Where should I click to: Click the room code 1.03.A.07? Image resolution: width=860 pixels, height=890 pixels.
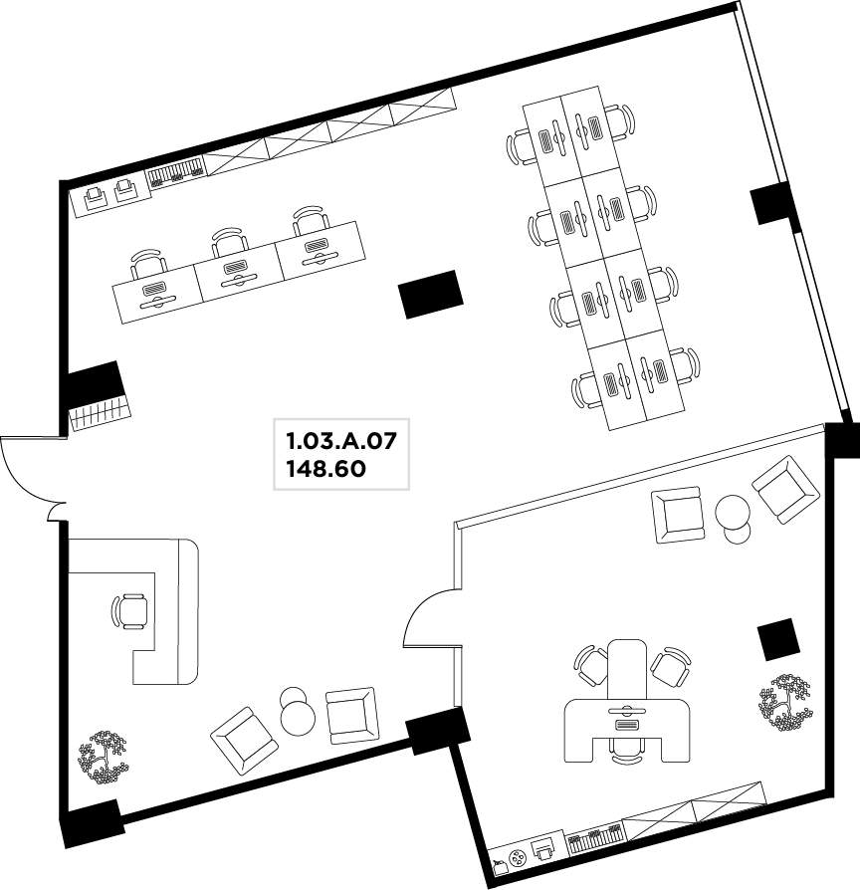[x=340, y=441]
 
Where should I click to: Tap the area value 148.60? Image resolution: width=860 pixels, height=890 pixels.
[x=326, y=470]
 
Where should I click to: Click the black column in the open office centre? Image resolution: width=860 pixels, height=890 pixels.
[x=431, y=294]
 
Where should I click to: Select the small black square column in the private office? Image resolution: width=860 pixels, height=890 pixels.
[x=778, y=639]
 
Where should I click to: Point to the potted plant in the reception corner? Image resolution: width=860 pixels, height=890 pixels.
[x=103, y=758]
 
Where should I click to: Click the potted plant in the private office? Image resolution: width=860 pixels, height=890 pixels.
[x=784, y=703]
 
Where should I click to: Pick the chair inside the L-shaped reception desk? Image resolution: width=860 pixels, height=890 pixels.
[x=131, y=611]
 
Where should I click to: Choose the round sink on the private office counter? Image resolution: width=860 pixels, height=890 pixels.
[x=519, y=858]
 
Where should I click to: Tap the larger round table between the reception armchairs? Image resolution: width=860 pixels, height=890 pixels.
[x=298, y=718]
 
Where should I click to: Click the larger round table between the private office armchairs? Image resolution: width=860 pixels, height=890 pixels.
[x=733, y=512]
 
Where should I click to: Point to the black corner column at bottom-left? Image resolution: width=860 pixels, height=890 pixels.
[x=92, y=823]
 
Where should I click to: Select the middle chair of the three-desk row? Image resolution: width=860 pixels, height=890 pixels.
[x=229, y=242]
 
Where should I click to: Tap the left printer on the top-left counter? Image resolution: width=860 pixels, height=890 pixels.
[x=95, y=196]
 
